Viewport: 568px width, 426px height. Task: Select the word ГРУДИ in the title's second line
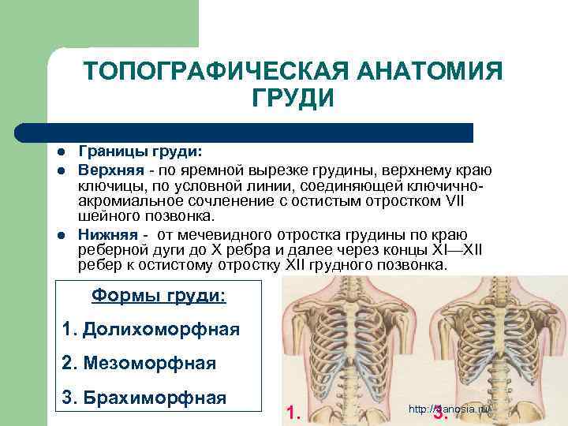[293, 99]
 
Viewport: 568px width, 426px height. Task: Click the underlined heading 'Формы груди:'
[159, 295]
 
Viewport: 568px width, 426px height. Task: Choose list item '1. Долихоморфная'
[150, 328]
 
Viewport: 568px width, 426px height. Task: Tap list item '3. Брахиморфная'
[144, 396]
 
